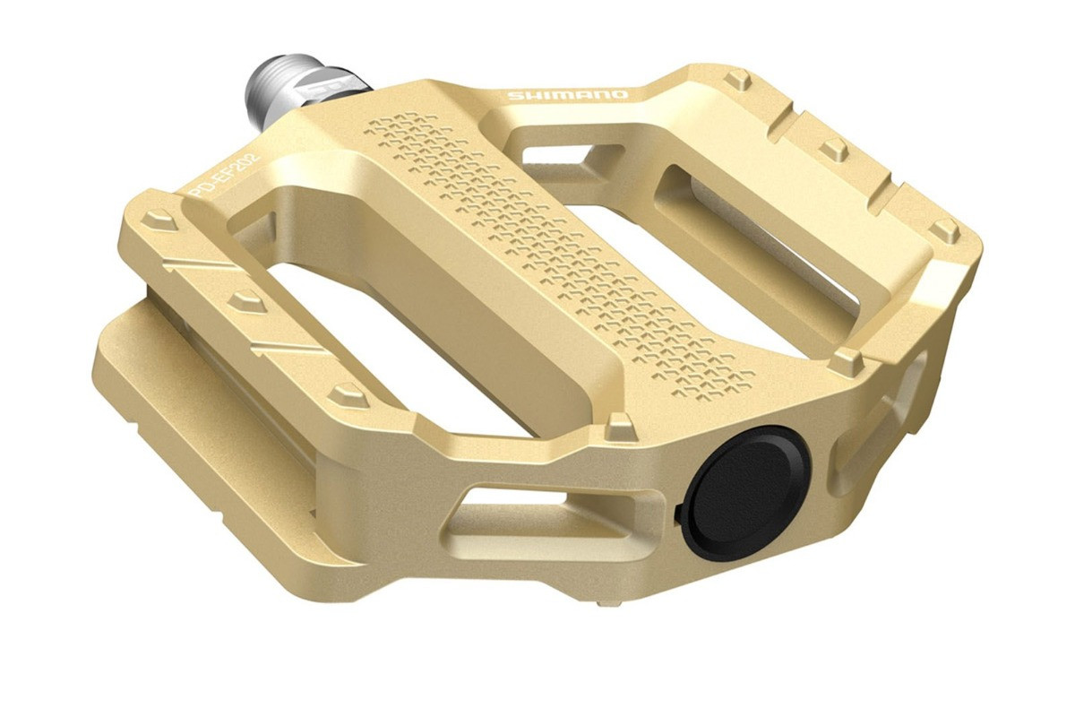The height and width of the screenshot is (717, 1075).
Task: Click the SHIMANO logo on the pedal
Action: [567, 95]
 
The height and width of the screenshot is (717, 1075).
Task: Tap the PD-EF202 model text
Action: [225, 175]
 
